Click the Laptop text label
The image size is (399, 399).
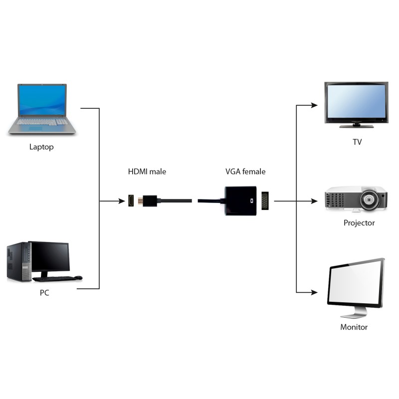[41, 147]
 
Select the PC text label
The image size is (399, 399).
[44, 293]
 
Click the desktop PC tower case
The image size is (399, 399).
[17, 262]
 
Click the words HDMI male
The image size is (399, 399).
[147, 172]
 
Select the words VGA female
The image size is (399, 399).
[245, 172]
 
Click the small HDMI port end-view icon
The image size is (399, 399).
[132, 201]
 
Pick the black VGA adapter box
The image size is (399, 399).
[240, 201]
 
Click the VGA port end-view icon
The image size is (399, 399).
[265, 201]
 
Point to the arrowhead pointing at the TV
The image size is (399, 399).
[314, 105]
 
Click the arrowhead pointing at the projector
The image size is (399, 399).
[314, 201]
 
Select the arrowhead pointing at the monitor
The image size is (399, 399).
[314, 292]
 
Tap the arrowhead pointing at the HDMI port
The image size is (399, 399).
[122, 201]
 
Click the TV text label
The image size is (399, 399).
[357, 142]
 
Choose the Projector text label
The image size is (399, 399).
[359, 223]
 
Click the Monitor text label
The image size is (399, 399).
[354, 327]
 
